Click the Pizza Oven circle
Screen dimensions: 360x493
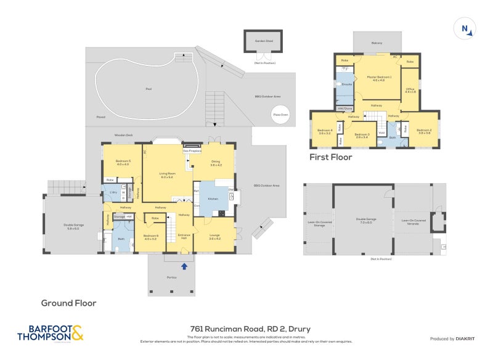(x=280, y=114)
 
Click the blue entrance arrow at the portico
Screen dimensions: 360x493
(x=184, y=266)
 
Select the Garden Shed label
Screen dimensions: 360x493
(x=264, y=41)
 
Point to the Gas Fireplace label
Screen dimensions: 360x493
(x=193, y=150)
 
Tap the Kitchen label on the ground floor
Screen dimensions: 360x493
(x=213, y=199)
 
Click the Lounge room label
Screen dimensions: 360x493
(x=214, y=236)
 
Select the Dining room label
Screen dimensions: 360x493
(x=216, y=163)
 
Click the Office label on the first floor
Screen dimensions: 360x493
(x=410, y=89)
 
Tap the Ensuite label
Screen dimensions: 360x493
(x=347, y=84)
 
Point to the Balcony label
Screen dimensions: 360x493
(x=377, y=43)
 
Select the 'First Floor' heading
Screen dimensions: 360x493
(x=331, y=157)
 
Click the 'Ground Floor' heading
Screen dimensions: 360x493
(x=68, y=303)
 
